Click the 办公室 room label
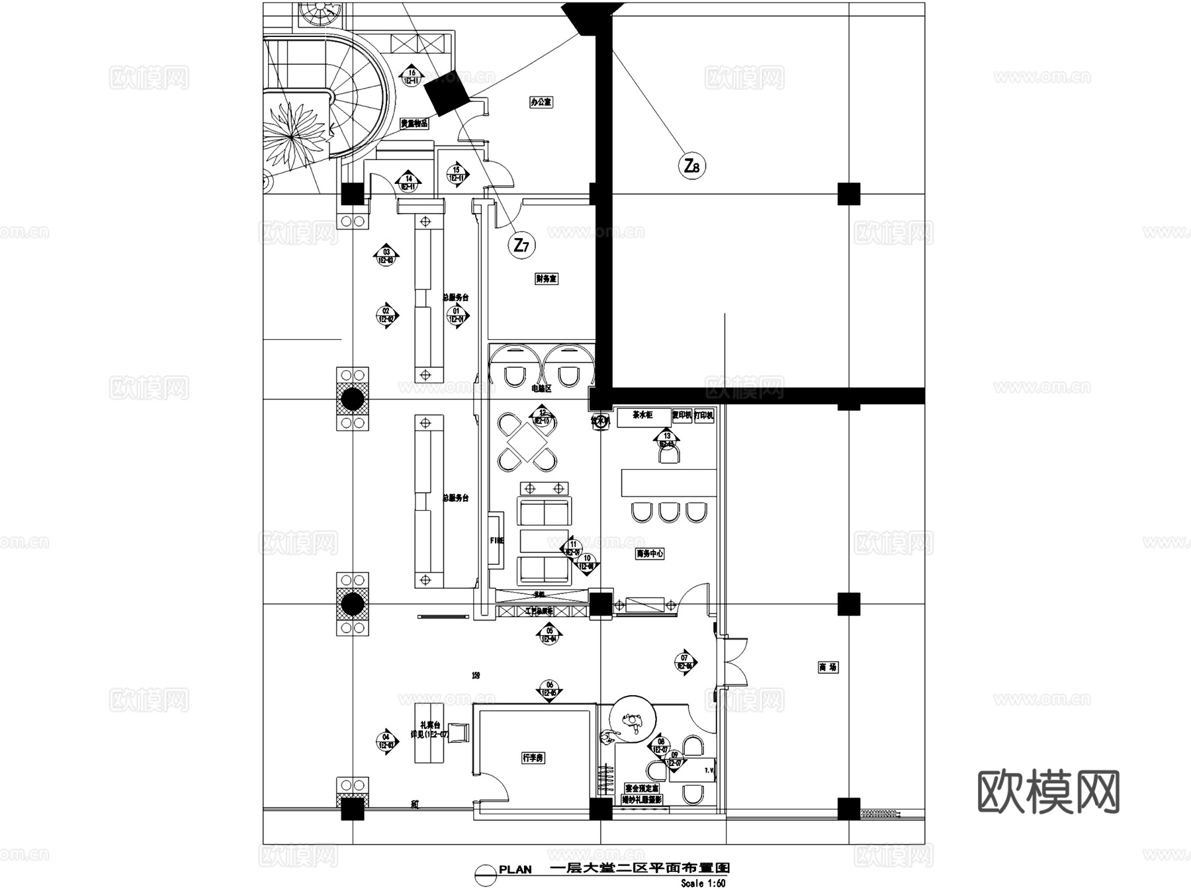[541, 103]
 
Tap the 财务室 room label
[547, 279]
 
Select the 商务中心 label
[650, 554]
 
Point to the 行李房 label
[533, 757]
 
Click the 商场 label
[828, 667]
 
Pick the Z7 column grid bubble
[521, 246]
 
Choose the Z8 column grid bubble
[692, 165]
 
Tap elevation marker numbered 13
[667, 439]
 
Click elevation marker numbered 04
[386, 742]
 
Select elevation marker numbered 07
[685, 662]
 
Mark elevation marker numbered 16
[412, 77]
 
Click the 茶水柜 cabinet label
[642, 415]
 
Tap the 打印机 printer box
[704, 415]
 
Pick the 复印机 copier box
[682, 415]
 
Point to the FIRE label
[496, 540]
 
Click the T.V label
[709, 771]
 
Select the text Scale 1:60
[703, 883]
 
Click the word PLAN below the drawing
[515, 870]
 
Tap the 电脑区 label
[541, 390]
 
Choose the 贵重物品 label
[414, 124]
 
